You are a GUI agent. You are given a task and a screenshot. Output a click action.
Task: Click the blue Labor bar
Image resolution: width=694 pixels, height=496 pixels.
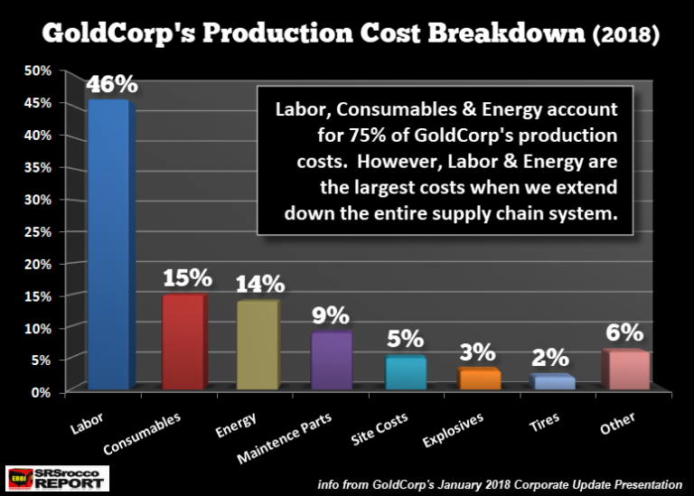click(x=109, y=244)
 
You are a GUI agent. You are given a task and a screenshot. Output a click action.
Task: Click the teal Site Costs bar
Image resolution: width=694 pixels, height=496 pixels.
click(x=405, y=373)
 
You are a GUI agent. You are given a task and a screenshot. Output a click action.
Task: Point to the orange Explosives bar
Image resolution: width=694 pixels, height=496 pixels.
click(x=479, y=379)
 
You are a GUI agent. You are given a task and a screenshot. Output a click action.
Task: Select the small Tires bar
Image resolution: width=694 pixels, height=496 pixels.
click(x=553, y=383)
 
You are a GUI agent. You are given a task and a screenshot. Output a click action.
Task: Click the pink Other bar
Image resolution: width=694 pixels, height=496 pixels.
click(x=626, y=370)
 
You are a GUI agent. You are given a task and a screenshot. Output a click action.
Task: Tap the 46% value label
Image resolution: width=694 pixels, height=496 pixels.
click(x=112, y=85)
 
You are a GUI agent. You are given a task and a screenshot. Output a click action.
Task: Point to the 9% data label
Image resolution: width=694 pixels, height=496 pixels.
click(x=333, y=315)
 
